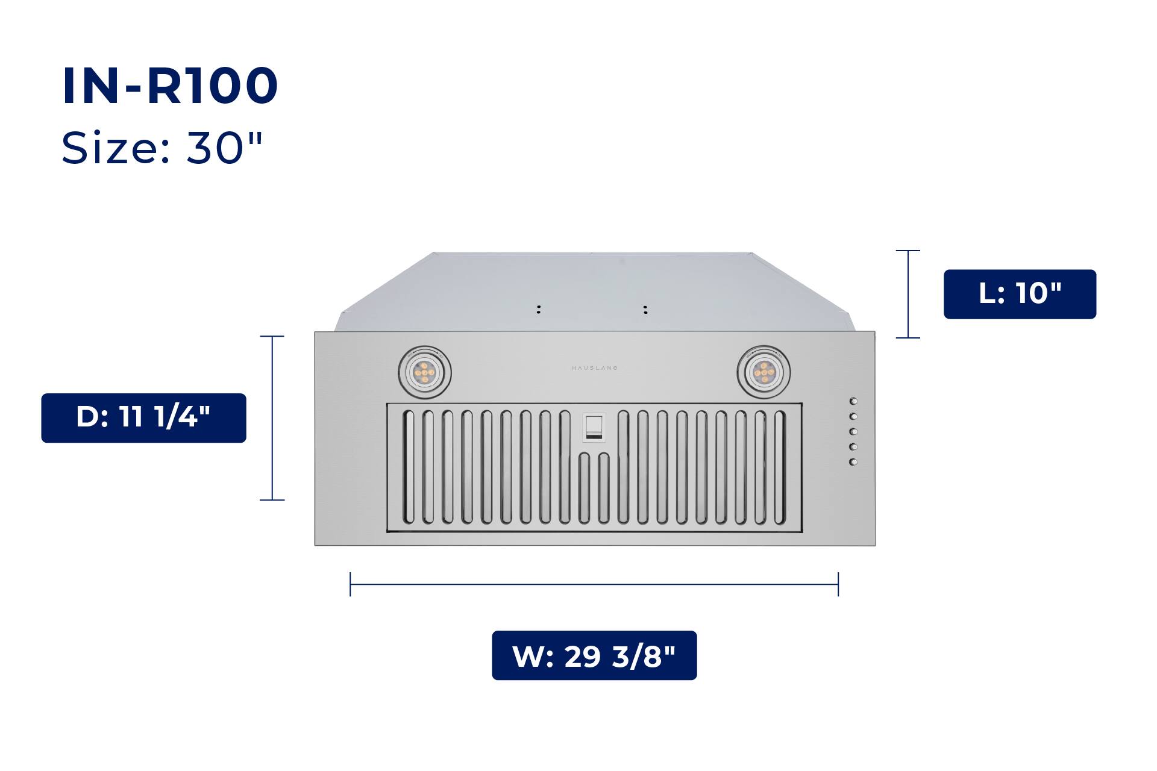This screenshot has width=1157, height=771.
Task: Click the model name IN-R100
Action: coord(170,86)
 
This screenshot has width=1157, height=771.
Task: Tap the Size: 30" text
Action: coord(162,148)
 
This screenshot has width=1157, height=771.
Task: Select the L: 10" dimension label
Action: coord(1020,294)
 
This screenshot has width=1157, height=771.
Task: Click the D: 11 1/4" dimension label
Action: coord(143,417)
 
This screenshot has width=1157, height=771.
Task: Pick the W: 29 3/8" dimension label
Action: coord(594,655)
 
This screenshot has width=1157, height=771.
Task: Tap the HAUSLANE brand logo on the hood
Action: coord(595,367)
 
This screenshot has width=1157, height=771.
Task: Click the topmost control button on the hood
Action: coord(853,401)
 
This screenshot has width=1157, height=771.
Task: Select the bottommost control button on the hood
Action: coord(853,462)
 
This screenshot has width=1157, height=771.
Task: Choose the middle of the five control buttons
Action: coord(853,432)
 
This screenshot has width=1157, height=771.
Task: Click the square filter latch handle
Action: coord(594,427)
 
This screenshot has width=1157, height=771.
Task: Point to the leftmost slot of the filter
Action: coord(409,467)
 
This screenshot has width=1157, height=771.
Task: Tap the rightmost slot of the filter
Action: coord(780,467)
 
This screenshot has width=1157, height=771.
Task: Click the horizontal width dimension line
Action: coord(594,584)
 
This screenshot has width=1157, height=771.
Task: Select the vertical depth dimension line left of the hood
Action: coord(272,418)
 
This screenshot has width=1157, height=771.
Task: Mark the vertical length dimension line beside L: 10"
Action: coord(908,294)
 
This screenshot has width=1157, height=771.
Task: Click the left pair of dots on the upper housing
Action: coord(539,309)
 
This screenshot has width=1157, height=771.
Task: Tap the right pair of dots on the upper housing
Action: coord(645,310)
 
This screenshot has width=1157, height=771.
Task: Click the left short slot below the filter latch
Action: coord(584,488)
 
